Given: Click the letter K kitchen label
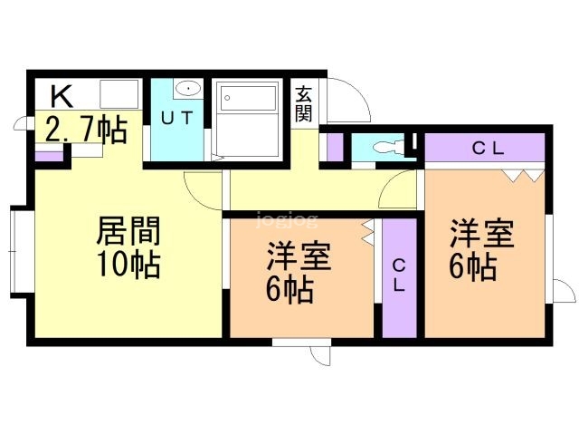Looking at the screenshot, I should tap(61, 94).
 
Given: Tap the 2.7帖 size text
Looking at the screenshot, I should tap(85, 130).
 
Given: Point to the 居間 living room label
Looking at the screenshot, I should tap(128, 232).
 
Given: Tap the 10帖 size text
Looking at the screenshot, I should tap(128, 266).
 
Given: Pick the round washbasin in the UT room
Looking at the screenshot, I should tap(187, 89).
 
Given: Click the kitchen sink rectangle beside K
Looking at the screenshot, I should tap(119, 93).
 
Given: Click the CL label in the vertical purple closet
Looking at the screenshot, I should tap(398, 274).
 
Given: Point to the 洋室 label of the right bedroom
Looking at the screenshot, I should tap(483, 234).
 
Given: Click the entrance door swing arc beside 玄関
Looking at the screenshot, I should tap(348, 102).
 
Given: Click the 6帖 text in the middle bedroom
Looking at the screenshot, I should tap(289, 290).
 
